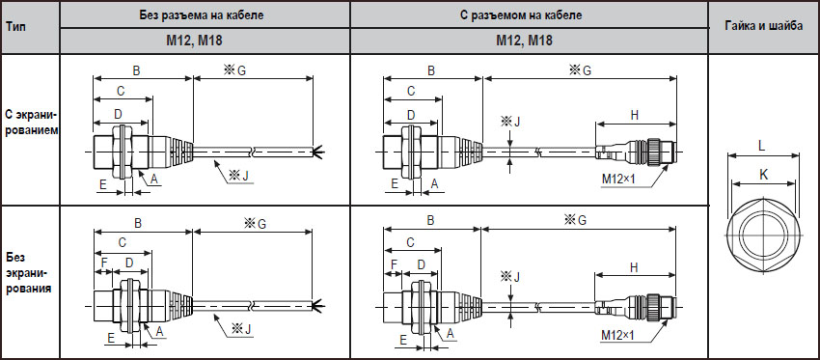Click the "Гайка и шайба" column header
pos(764,27)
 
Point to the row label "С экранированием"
pos(29,122)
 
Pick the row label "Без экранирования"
pos(28,272)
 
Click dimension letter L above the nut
pos(762,147)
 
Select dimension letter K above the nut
pos(763,176)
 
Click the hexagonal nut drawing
pos(763,235)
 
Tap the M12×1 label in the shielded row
pos(617,179)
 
